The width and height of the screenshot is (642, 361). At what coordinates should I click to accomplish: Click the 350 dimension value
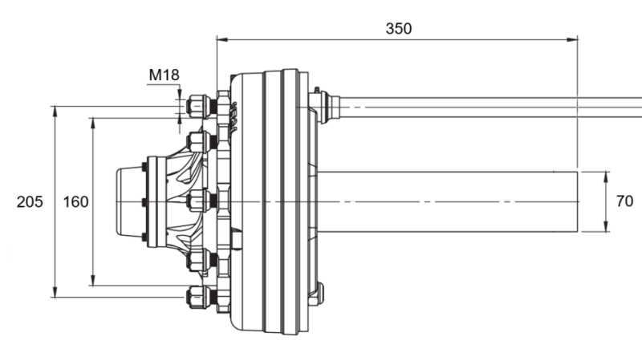pyautogui.click(x=398, y=29)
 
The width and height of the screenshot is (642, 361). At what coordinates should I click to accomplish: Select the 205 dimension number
pyautogui.click(x=30, y=202)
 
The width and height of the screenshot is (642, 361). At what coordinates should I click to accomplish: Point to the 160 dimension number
pyautogui.click(x=75, y=202)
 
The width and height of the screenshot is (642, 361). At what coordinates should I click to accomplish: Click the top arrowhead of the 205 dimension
pyautogui.click(x=55, y=109)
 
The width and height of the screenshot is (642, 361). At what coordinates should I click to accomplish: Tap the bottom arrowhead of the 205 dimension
pyautogui.click(x=55, y=294)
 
